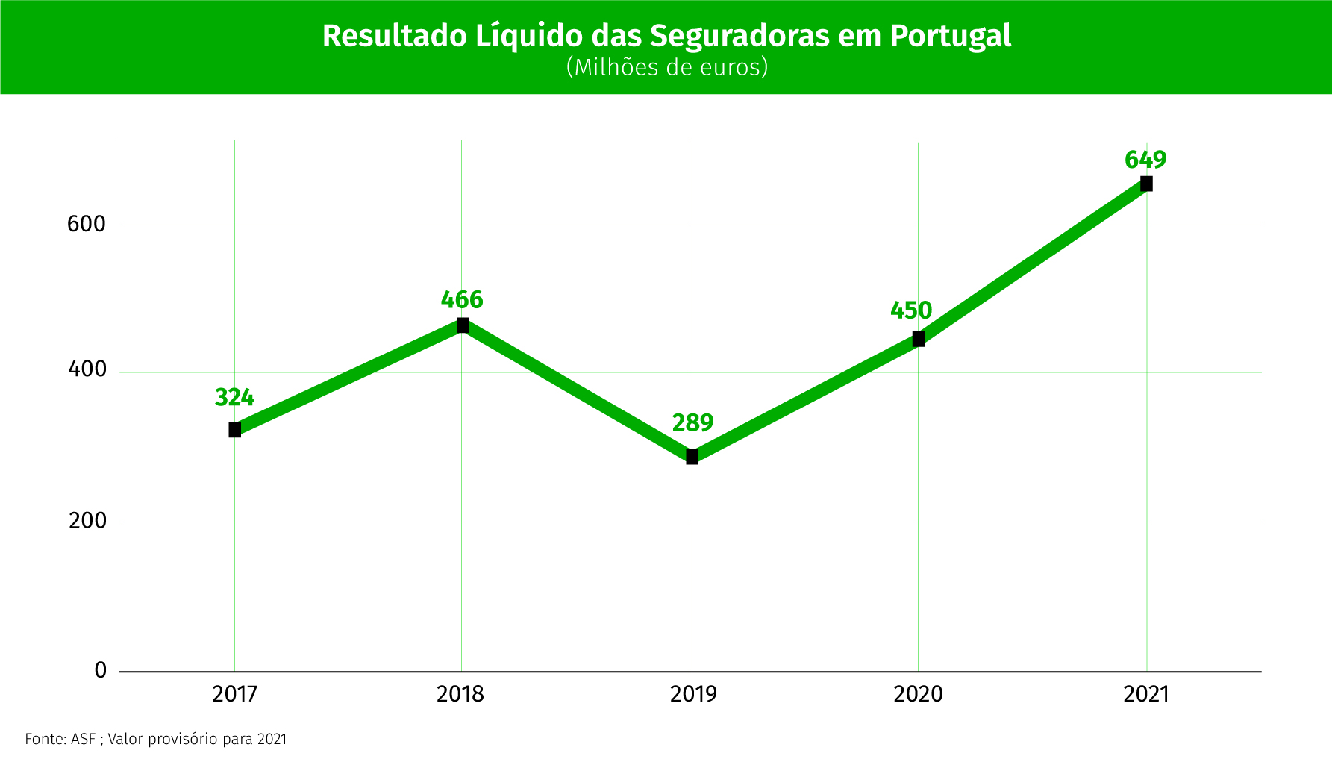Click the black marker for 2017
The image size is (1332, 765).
[234, 430]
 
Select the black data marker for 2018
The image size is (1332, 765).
[463, 325]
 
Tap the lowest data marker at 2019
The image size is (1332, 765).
[692, 457]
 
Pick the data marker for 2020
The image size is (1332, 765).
[919, 340]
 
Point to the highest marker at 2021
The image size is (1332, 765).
[1146, 184]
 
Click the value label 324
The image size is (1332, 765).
[234, 398]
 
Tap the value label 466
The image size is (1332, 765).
[462, 300]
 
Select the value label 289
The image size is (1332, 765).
[692, 423]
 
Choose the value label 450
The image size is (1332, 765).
[911, 310]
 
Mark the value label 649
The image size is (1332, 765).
[1145, 160]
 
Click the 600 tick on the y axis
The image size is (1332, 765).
[87, 223]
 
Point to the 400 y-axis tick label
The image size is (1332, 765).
[87, 369]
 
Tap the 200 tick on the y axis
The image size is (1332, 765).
[88, 520]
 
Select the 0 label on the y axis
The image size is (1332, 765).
[101, 670]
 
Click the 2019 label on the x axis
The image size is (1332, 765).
[693, 695]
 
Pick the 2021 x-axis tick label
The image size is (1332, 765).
[1146, 695]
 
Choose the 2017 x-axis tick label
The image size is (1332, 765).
[234, 695]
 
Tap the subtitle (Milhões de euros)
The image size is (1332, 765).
[667, 67]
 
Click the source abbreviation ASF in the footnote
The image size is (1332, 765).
[83, 739]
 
